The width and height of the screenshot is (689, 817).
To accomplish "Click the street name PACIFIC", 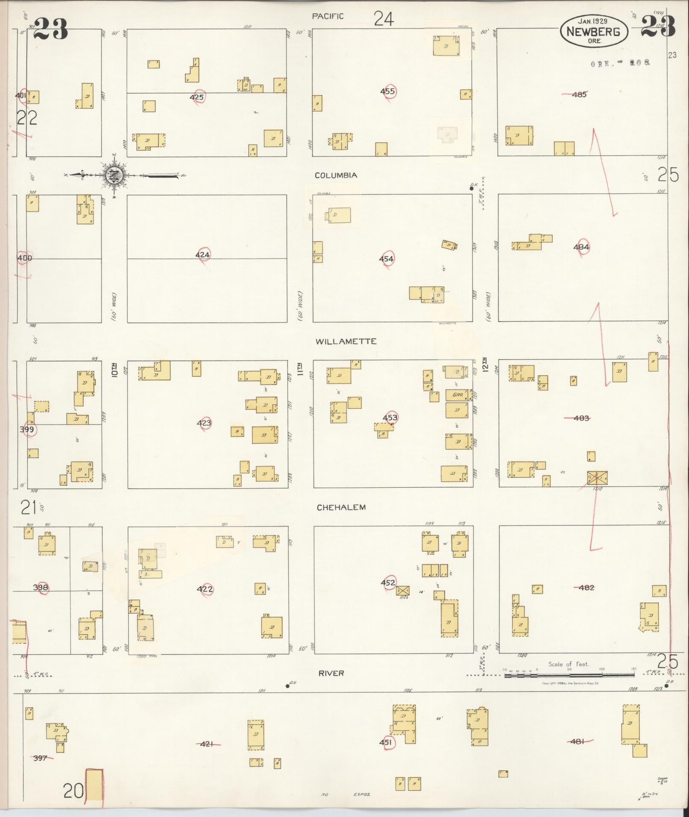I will click(x=328, y=16).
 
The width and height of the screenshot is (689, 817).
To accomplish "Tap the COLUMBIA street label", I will click(x=336, y=176).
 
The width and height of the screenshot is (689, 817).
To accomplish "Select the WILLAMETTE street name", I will click(x=346, y=341).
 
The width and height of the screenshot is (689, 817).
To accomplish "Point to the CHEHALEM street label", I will click(x=341, y=507).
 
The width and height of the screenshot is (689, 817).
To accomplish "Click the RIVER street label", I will click(x=331, y=673).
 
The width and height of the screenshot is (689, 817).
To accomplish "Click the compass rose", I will click(x=114, y=175).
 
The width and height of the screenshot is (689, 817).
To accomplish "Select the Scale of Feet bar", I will click(x=569, y=675).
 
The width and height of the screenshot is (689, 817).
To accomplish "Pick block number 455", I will click(x=387, y=91).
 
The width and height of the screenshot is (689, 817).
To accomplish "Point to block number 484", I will click(x=581, y=247).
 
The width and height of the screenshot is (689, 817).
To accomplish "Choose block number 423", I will click(x=204, y=423).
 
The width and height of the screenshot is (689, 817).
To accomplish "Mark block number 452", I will click(x=388, y=582).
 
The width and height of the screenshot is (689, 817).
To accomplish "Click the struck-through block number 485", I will click(x=579, y=94).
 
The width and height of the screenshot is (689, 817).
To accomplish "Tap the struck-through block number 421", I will click(x=207, y=744).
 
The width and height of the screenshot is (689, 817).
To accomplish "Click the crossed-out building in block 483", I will click(x=597, y=477).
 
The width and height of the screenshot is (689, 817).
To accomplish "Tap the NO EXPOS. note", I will click(x=346, y=794).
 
